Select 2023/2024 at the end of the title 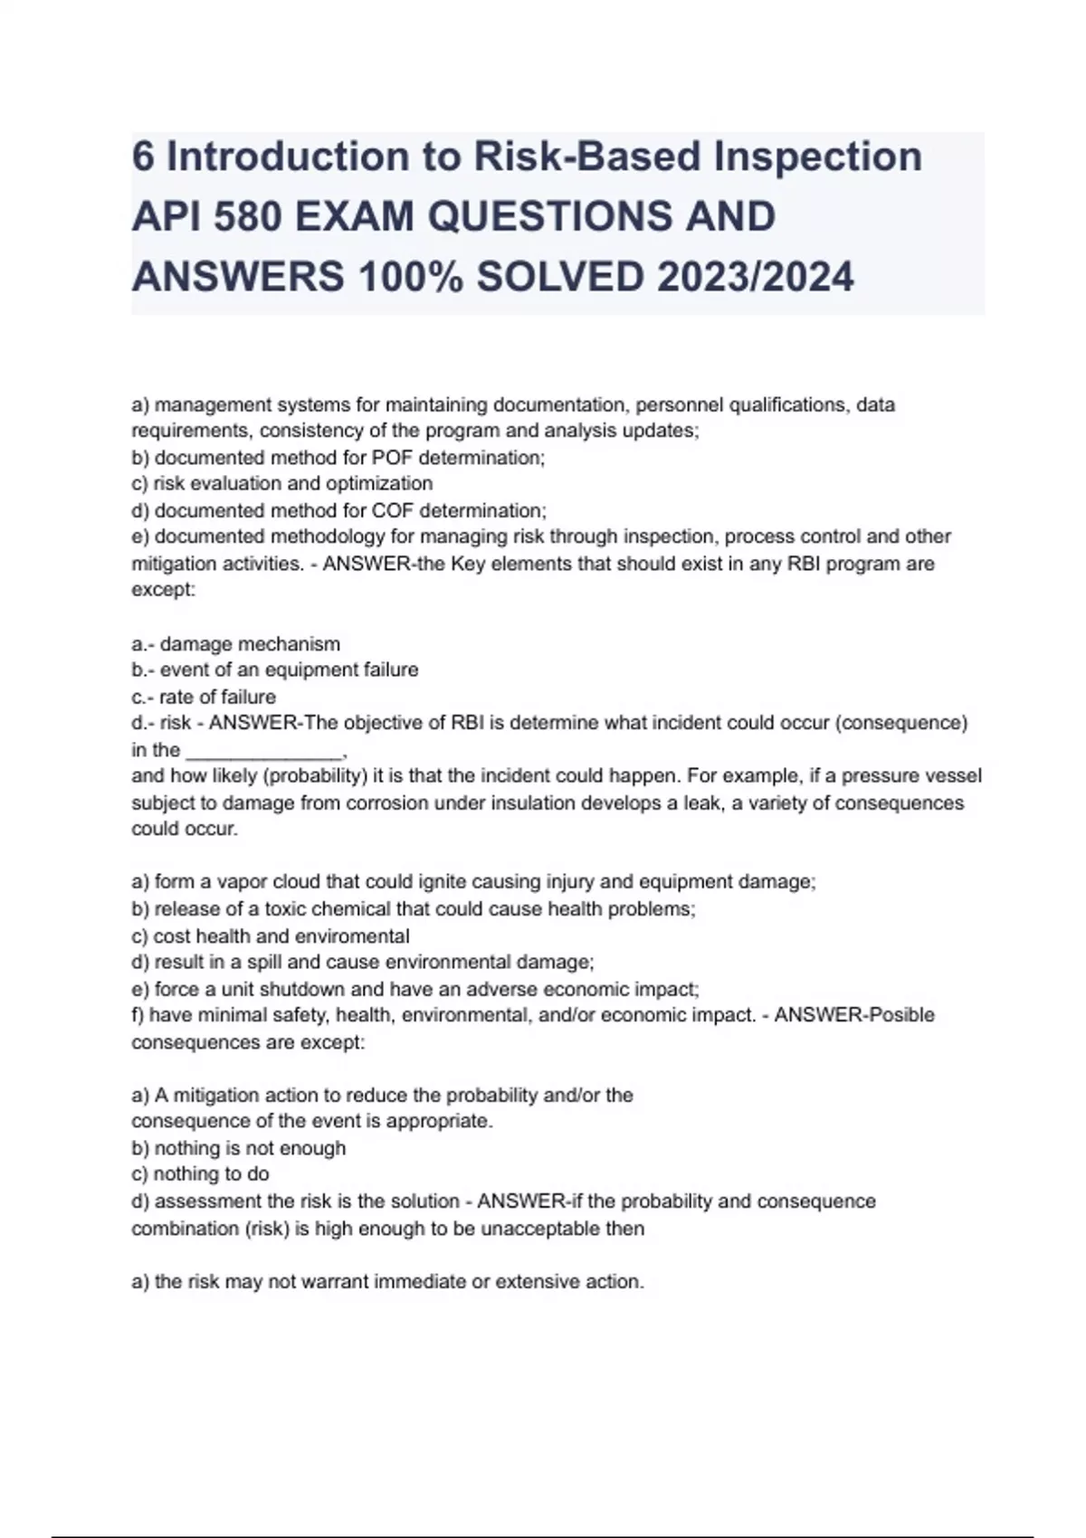pos(755,276)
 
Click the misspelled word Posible pos(900,1015)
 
